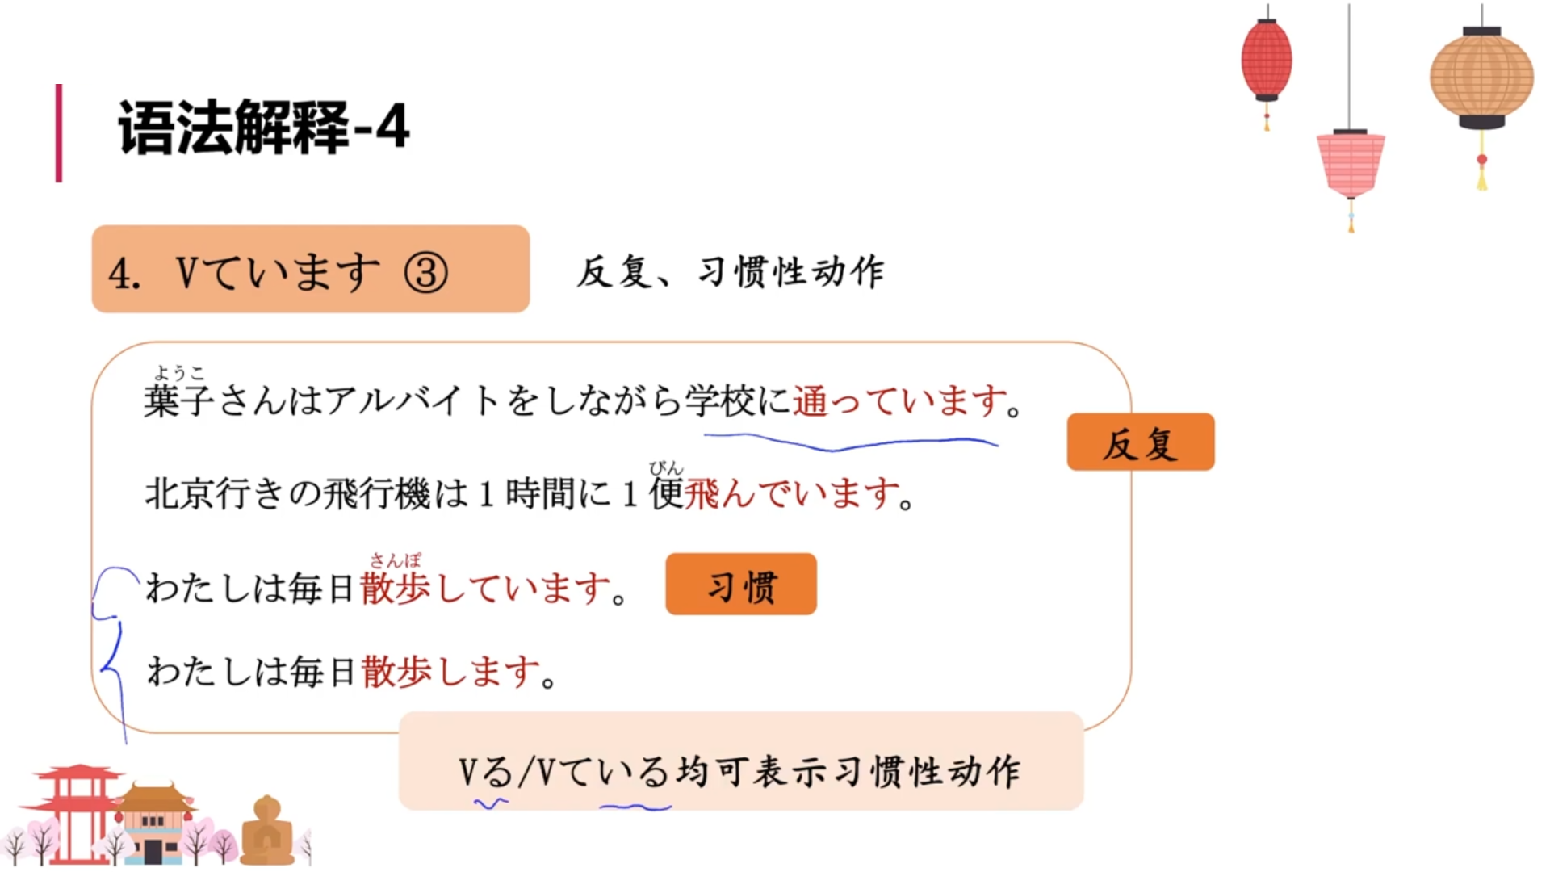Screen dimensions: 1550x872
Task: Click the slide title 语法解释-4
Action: click(263, 128)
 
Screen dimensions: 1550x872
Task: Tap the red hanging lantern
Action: click(1266, 61)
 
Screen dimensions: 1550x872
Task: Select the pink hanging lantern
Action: click(1351, 164)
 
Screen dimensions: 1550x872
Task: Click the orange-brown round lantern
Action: click(1481, 77)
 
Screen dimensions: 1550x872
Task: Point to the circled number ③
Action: click(425, 272)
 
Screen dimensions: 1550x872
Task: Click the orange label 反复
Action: click(1140, 442)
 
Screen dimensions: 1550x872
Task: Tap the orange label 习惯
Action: click(740, 585)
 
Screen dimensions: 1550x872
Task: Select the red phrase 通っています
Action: click(899, 400)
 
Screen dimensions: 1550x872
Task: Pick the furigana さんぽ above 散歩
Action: click(396, 560)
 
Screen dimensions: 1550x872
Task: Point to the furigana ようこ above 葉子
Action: click(179, 372)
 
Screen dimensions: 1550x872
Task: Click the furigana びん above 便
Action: click(666, 467)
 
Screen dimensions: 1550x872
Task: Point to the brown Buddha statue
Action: click(267, 831)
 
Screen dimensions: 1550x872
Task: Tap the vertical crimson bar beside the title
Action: click(58, 132)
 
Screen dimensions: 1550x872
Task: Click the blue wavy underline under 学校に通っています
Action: click(851, 442)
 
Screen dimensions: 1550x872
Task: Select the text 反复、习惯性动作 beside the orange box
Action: click(730, 272)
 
